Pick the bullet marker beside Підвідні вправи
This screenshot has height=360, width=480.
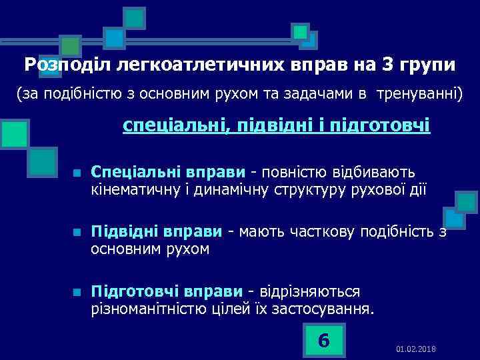77,233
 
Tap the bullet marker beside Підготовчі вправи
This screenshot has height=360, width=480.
77,292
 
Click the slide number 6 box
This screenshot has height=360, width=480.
324,340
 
